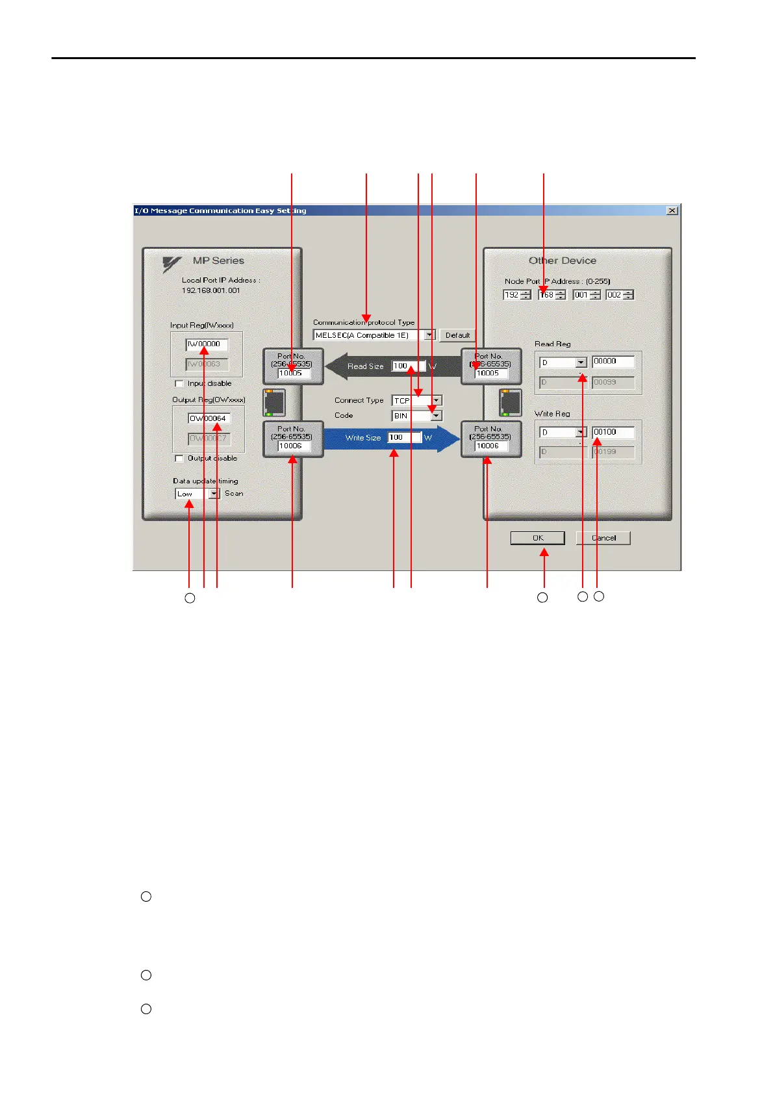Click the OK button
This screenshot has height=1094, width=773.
(x=537, y=538)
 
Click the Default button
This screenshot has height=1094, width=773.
(x=457, y=335)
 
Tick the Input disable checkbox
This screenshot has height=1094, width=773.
(x=180, y=384)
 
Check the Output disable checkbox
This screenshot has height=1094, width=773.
(x=180, y=459)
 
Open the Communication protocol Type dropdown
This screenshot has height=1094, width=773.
(x=429, y=335)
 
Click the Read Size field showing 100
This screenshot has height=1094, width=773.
(x=408, y=366)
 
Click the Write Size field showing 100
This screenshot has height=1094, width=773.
(x=404, y=438)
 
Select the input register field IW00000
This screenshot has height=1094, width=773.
(x=207, y=344)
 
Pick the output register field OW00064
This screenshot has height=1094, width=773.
(x=209, y=418)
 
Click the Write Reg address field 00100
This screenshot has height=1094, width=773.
(x=613, y=432)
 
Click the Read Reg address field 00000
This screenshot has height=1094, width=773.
(x=613, y=361)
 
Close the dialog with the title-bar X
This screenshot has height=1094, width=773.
(x=672, y=210)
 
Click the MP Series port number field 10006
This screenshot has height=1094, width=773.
(x=294, y=446)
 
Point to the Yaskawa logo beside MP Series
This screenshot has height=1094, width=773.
(x=171, y=264)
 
